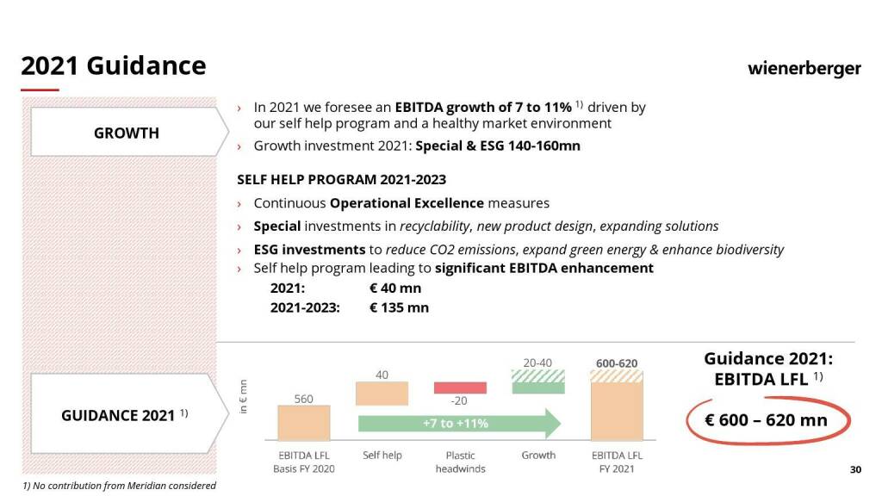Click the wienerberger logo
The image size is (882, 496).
point(804,68)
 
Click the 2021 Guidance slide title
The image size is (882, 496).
point(113,66)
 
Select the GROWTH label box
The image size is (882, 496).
point(127,133)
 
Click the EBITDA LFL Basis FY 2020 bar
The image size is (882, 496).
point(303,423)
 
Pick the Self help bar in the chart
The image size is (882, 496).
point(382,394)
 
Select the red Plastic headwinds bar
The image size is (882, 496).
point(460,387)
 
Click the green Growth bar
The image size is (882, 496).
point(538,387)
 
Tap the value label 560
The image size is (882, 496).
point(303,399)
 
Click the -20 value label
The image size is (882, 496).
point(459,401)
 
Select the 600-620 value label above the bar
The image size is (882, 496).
point(617,363)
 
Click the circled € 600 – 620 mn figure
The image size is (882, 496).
point(767,420)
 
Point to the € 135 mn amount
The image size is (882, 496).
point(399,307)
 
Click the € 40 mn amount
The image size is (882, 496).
point(395,288)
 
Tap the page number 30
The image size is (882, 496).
point(855,469)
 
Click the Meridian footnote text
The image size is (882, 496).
point(119,486)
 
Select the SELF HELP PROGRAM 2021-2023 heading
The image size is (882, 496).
point(341,180)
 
